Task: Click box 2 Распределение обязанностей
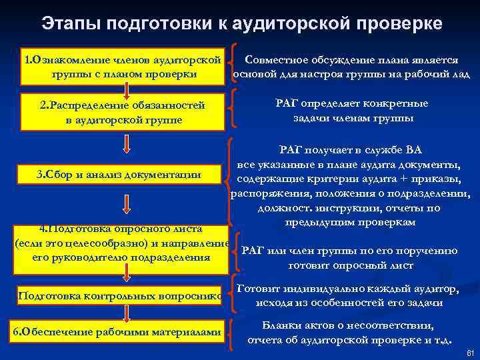pos(123,111)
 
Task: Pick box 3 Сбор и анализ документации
pos(123,175)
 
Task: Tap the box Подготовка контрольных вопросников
pos(123,296)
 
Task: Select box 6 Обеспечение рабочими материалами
pos(123,333)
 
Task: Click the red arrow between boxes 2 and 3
pos(126,144)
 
